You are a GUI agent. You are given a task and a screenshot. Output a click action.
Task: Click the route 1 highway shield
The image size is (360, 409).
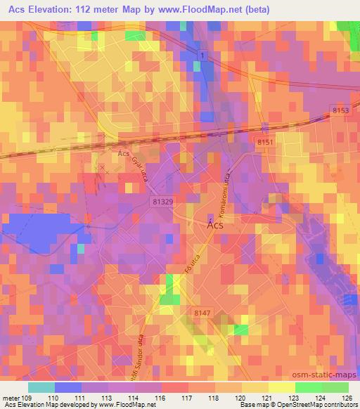(x=202, y=54)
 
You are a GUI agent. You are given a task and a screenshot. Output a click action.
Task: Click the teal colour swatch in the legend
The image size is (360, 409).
(x=41, y=387)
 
